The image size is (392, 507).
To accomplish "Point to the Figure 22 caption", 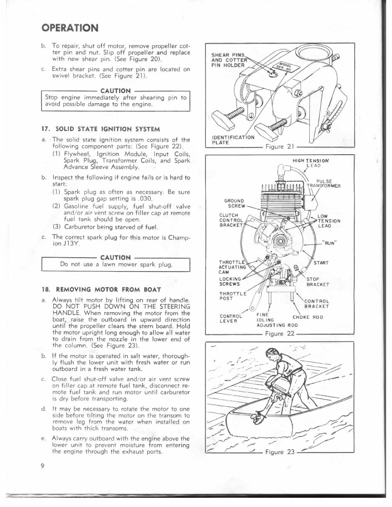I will pyautogui.click(x=280, y=334).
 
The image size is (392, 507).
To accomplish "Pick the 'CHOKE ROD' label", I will pyautogui.click(x=308, y=317).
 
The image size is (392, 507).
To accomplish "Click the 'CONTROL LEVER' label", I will pyautogui.click(x=231, y=318).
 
